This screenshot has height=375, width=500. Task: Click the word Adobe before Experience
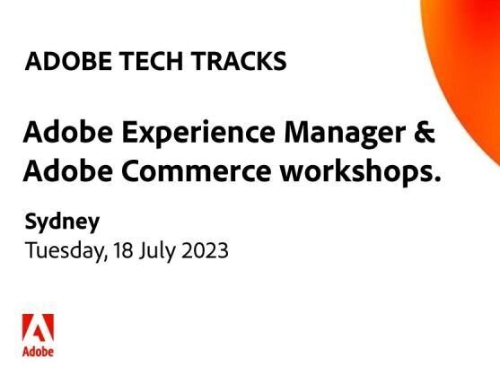click(61, 135)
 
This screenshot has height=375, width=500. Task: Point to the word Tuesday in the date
click(64, 250)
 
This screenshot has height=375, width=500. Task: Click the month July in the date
click(158, 250)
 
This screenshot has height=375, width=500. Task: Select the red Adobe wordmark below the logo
click(38, 351)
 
